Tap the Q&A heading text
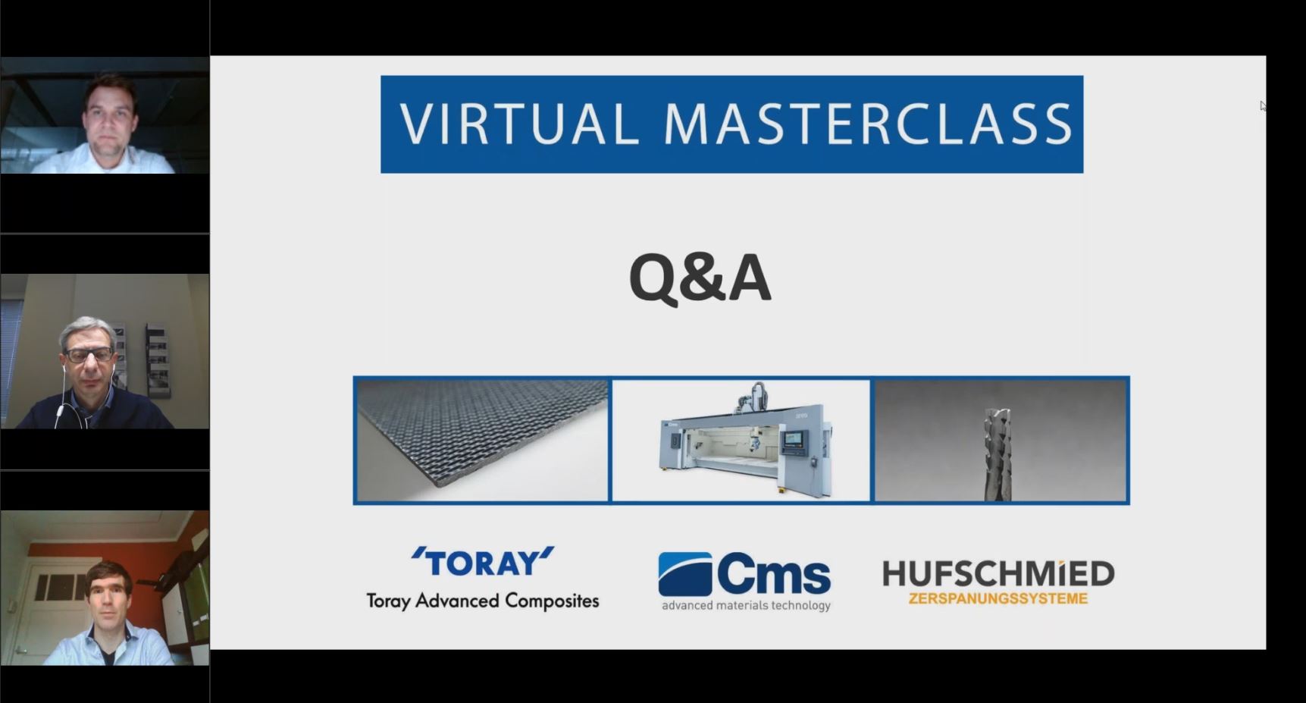point(700,278)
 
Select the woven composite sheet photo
point(482,441)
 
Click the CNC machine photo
point(741,441)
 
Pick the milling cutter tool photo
point(1001,441)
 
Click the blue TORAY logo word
point(483,562)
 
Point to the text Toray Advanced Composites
point(483,601)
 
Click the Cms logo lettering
point(773,575)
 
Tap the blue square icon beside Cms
point(685,574)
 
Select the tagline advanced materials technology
point(746,605)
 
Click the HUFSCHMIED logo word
point(998,574)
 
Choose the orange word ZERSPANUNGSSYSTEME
point(998,598)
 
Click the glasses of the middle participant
point(89,355)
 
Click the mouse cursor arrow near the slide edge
point(1263,106)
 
